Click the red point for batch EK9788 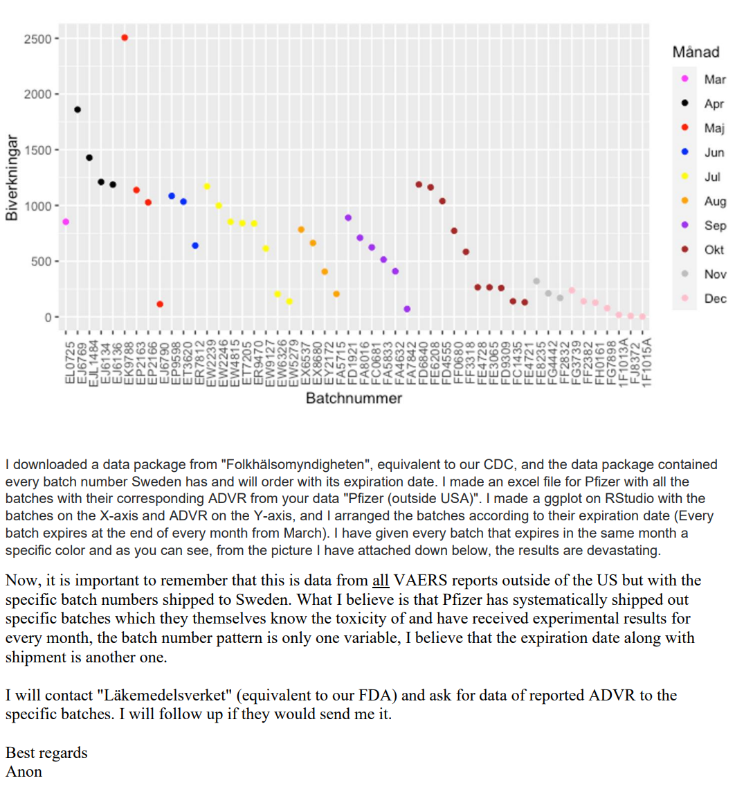pos(125,38)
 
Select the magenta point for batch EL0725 pos(66,222)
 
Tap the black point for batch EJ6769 pos(78,110)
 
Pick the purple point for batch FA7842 pos(407,309)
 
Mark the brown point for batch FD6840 pos(419,185)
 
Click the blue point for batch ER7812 pos(195,245)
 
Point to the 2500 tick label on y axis pos(37,39)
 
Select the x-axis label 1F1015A pos(646,362)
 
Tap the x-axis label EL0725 pos(70,363)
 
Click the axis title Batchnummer pos(354,398)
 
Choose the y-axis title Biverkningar pos(12,178)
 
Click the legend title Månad pos(696,52)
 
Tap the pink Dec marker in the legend pos(684,298)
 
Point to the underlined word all pos(381,581)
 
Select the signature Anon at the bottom pos(24,772)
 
